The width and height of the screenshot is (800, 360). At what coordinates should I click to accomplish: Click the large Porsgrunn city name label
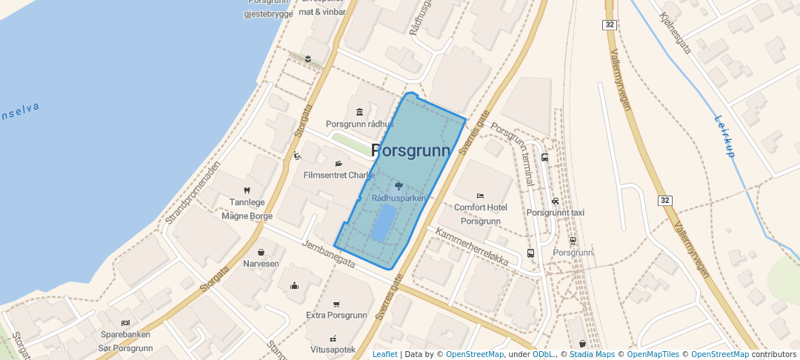pos(410,151)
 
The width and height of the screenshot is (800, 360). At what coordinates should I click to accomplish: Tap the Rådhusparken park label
pos(399,199)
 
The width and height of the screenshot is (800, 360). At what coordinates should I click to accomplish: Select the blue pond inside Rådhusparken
pos(383,222)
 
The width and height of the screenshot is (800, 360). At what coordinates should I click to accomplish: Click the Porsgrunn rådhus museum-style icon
pos(360,112)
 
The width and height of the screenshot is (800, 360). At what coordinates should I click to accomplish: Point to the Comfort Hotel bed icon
pos(480,196)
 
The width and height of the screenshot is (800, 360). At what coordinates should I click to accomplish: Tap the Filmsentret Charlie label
pos(339,176)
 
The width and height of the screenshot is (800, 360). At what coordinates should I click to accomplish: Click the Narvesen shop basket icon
pos(261,252)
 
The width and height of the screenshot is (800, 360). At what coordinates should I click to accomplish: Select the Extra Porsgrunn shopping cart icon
pos(336,304)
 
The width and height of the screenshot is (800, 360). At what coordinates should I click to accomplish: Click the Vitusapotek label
pos(333,349)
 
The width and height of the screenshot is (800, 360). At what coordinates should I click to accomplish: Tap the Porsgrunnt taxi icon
pos(556,201)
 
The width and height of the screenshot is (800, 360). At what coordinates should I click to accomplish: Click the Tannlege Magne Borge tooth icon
pos(247,190)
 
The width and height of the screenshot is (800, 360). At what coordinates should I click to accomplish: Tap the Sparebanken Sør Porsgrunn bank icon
pos(125,323)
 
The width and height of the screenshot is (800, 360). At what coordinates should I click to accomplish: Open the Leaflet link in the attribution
pos(384,354)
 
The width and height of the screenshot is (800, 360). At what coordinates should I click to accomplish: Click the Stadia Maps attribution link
pos(592,354)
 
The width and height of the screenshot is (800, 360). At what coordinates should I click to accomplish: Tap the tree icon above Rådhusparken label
pos(399,186)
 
